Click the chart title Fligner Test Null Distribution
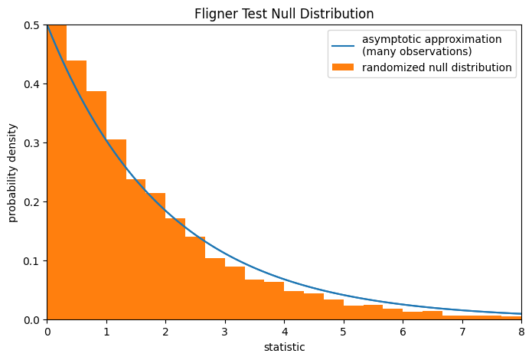coord(284,14)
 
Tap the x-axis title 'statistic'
coord(284,347)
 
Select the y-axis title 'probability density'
coord(13,172)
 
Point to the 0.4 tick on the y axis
coord(31,84)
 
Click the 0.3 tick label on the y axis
coord(31,143)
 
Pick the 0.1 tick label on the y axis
coord(31,261)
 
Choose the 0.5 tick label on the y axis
coord(31,25)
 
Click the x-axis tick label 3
coord(225,332)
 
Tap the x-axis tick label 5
coord(344,332)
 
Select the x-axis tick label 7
coord(462,332)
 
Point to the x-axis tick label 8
coord(521,332)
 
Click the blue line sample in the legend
coord(342,45)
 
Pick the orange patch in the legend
coord(342,67)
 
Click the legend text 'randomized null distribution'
coord(437,67)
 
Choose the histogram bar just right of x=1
coord(116,230)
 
